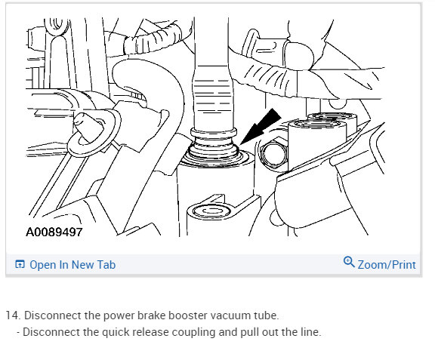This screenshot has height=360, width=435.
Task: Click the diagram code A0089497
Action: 54,232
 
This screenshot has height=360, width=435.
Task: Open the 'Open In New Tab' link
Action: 72,265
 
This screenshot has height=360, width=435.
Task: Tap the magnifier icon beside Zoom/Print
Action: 349,263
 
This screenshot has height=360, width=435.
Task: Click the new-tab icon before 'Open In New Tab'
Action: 20,265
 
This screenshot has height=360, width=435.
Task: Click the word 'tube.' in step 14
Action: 266,315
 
